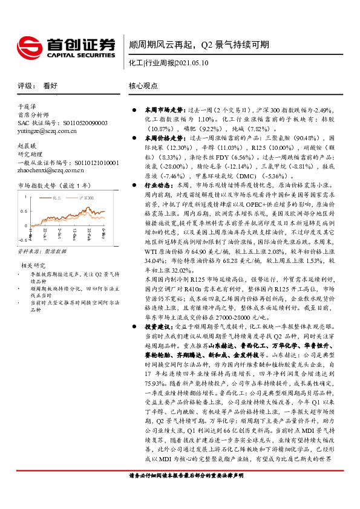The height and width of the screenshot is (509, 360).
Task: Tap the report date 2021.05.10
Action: point(191,62)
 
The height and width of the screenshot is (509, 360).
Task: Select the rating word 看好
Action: point(50,86)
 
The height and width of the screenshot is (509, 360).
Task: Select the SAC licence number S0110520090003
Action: point(76,122)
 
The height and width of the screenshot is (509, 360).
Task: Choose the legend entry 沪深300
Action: point(88,197)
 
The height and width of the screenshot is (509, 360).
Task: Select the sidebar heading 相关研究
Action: point(32,265)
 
